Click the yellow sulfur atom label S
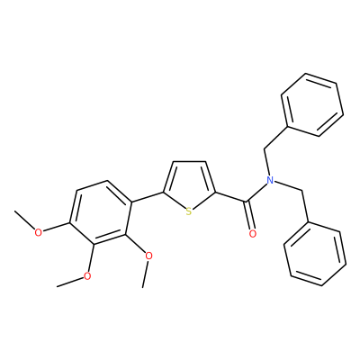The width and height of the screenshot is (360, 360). (x=188, y=211)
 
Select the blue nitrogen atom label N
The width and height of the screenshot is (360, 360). (x=270, y=180)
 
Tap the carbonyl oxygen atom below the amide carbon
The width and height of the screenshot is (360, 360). (x=253, y=233)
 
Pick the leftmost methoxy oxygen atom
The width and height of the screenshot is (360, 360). (x=38, y=232)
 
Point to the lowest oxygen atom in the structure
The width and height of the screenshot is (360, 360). (x=87, y=276)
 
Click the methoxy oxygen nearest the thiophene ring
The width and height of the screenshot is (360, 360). (x=148, y=256)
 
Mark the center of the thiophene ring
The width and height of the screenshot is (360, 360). (x=190, y=186)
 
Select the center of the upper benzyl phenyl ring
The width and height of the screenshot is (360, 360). (x=312, y=104)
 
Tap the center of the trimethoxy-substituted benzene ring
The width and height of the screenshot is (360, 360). (x=101, y=213)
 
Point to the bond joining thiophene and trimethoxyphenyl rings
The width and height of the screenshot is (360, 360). (x=148, y=197)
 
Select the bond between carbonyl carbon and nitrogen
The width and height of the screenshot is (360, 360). (x=257, y=192)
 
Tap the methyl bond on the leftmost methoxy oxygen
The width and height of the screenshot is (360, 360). (x=24, y=220)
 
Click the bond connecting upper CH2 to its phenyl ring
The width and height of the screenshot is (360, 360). (x=276, y=138)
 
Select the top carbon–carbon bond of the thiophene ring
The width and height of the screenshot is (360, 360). (x=189, y=162)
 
